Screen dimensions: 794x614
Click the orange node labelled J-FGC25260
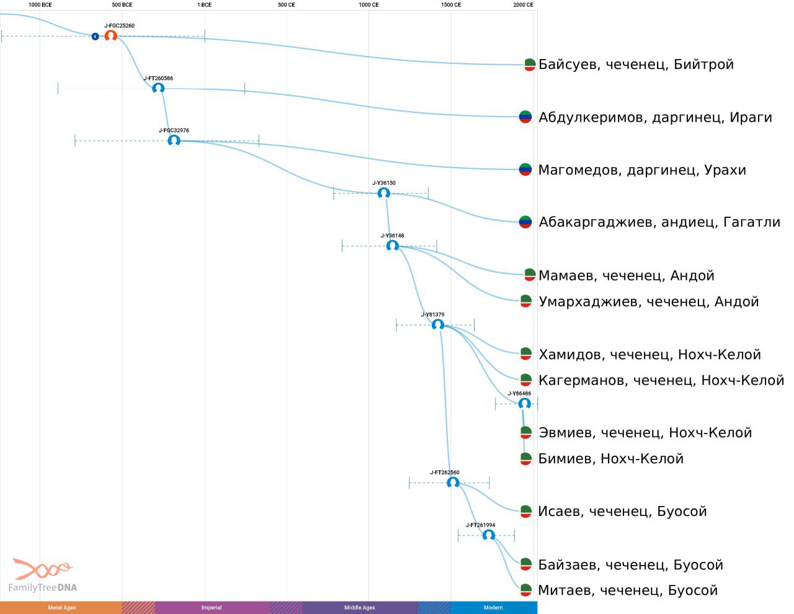tap(110, 36)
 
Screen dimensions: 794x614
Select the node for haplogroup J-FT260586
tap(158, 88)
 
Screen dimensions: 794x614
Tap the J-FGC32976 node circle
tap(174, 140)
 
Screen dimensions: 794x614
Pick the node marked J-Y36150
tap(383, 192)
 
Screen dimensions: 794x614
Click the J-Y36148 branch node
tap(393, 245)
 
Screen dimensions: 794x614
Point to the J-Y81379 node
tap(438, 324)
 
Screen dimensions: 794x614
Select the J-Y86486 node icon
tap(524, 404)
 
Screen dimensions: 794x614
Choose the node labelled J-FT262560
tap(453, 482)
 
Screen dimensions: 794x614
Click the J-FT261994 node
tap(489, 535)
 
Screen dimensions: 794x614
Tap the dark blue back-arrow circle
tap(95, 36)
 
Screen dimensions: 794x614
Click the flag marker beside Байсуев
tap(530, 65)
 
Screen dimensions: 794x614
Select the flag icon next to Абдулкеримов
tap(525, 117)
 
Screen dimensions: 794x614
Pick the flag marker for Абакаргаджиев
tap(525, 222)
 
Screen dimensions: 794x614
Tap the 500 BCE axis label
tap(122, 5)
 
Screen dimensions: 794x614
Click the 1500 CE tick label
tap(451, 5)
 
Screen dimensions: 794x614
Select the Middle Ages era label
tap(360, 607)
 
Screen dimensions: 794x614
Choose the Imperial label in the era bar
tap(212, 607)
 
